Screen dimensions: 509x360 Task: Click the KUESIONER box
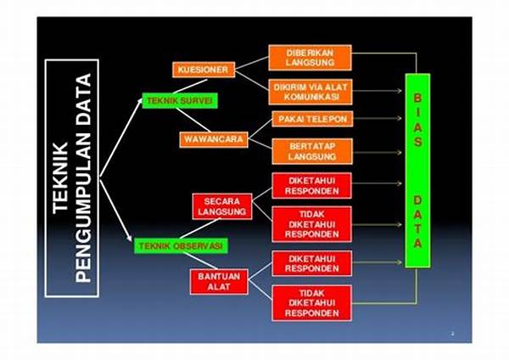tap(204, 70)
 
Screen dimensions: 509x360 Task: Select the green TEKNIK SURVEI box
tap(180, 101)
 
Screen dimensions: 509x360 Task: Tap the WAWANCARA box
tap(214, 140)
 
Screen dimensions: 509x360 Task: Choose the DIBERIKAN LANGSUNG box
tap(310, 58)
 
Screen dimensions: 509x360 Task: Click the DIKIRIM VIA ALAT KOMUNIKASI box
tap(310, 92)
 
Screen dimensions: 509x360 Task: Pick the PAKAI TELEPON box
tap(312, 119)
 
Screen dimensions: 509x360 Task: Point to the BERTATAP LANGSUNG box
tap(312, 151)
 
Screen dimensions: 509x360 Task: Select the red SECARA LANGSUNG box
tap(222, 206)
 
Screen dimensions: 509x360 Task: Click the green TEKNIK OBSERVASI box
tap(182, 246)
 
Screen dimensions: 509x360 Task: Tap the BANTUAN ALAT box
tap(219, 282)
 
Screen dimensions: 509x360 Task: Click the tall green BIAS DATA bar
tap(417, 171)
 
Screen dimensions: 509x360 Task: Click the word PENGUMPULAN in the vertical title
tap(83, 178)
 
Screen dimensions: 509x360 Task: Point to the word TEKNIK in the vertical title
tap(60, 178)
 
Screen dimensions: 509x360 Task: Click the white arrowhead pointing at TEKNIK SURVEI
tap(140, 101)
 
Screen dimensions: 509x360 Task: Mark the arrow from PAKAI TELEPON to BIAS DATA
tap(378, 119)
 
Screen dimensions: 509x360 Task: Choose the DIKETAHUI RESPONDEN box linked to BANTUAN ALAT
tap(312, 263)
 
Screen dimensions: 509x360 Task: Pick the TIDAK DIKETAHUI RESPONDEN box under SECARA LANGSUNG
tap(312, 224)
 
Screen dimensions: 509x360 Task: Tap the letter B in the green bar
tap(417, 98)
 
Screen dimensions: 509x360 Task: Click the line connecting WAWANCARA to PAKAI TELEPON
tap(260, 129)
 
